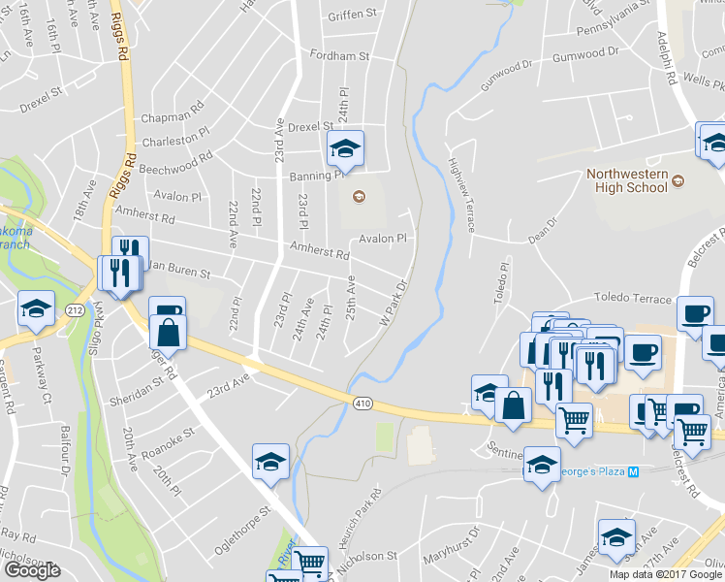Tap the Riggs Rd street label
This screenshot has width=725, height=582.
120,37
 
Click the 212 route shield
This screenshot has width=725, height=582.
75,308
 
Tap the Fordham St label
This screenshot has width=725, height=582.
339,56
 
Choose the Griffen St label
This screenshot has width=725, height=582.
351,15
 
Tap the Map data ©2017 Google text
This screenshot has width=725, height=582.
665,574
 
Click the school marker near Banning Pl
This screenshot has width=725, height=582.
344,147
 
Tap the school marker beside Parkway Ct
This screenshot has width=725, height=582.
36,310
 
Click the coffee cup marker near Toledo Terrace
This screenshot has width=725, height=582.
695,313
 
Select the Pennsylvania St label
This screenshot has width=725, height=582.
613,10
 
